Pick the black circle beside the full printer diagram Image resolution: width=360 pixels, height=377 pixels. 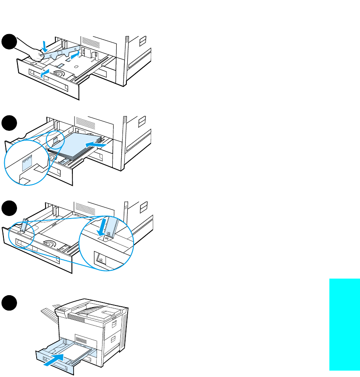tap(9, 303)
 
